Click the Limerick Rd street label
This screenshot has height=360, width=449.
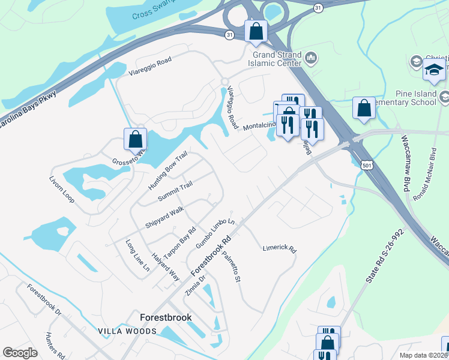(280, 248)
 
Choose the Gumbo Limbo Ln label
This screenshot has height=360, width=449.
(214, 232)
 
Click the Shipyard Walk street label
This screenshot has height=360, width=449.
(164, 217)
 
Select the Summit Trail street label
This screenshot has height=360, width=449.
(175, 191)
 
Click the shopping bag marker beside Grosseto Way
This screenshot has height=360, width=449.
(136, 139)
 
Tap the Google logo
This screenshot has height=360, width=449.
(20, 353)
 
